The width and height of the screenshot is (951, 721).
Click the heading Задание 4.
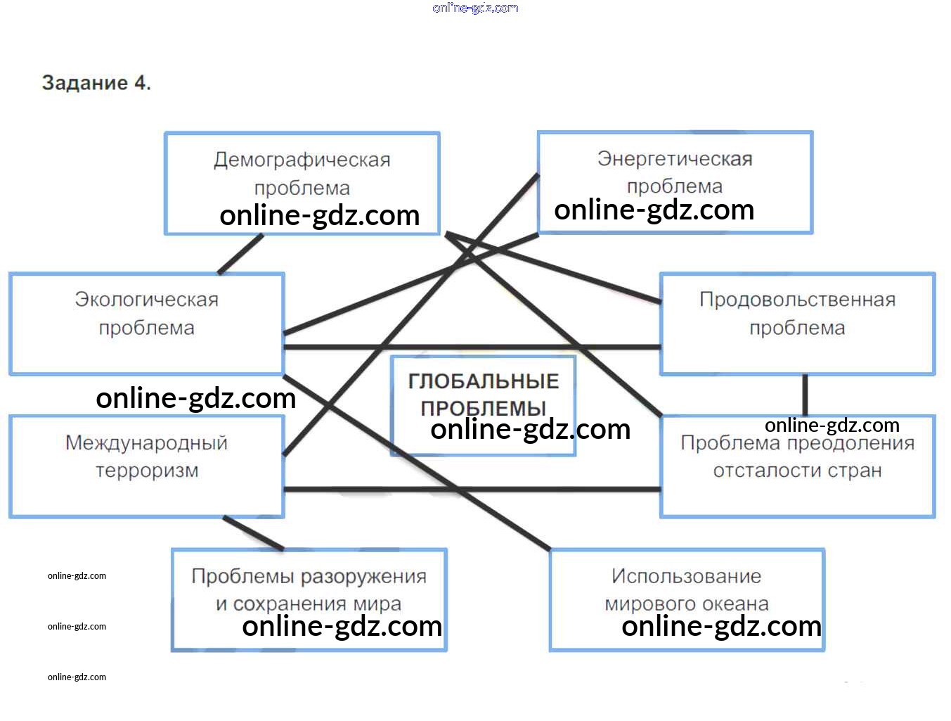coord(96,82)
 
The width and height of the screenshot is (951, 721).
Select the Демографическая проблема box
coord(302,184)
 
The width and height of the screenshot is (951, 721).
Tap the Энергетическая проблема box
coord(675,182)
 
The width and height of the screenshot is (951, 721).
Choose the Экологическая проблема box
coord(147,324)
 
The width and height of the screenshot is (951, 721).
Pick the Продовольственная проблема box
coord(797,324)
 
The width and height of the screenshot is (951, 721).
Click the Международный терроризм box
coord(147,466)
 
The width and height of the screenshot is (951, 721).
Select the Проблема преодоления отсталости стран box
coord(797,466)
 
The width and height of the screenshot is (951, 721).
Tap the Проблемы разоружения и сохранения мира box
coord(309,600)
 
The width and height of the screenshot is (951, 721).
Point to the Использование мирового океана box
coord(687,600)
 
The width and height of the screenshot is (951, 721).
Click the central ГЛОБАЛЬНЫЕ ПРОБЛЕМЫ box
coord(483,406)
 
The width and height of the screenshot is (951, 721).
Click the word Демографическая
coord(302,160)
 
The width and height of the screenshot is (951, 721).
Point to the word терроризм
coord(147,471)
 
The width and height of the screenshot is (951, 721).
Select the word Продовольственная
coord(797,299)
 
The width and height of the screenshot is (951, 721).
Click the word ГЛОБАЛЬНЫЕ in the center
coord(484,381)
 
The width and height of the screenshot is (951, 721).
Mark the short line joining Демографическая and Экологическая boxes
coord(240,254)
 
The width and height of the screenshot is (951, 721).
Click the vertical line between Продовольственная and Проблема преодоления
coord(805,395)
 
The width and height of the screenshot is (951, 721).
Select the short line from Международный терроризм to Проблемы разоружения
coord(254,533)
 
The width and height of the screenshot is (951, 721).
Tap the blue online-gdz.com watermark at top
coord(475,8)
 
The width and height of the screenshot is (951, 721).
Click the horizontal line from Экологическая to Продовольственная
coord(472,347)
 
